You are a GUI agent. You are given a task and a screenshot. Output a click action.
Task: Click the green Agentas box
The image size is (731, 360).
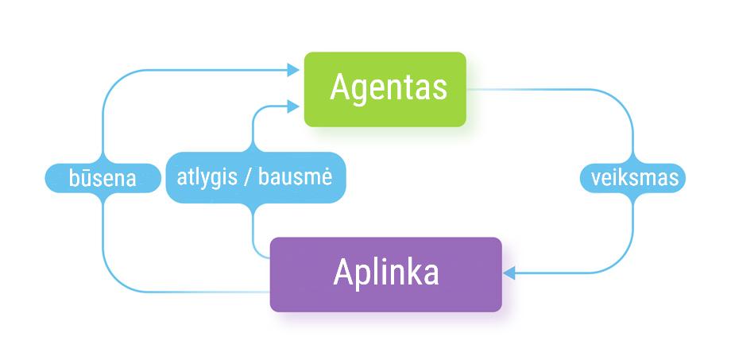pos(385,89)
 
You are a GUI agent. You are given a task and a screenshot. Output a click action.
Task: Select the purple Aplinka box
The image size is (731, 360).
pos(386,274)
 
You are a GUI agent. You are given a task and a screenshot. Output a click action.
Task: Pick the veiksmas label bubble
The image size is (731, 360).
pos(634,177)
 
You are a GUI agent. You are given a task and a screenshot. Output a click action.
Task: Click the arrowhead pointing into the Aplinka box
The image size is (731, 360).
pos(509,273)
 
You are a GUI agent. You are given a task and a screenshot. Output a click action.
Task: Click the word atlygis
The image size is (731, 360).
pos(207,177)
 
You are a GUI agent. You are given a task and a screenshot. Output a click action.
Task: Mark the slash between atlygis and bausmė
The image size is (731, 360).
pos(249,177)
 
